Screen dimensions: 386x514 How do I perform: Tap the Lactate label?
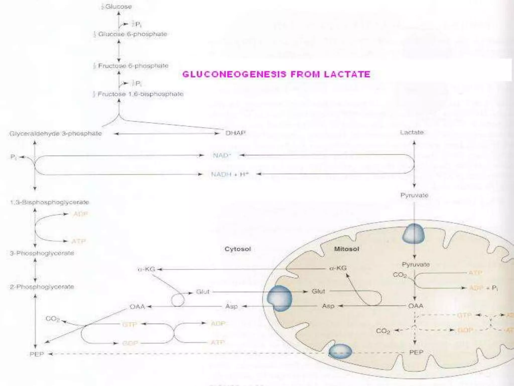[412, 132]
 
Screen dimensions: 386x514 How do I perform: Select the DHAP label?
[235, 133]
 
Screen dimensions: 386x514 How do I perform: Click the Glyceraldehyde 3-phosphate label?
[55, 133]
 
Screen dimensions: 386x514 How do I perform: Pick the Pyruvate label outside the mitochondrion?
[414, 195]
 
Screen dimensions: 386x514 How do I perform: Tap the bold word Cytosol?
[237, 249]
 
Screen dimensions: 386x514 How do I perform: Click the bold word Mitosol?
[346, 249]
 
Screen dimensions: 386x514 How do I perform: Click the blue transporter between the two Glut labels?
[279, 298]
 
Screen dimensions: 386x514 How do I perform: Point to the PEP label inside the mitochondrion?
[416, 352]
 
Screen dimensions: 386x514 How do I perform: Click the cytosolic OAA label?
[137, 307]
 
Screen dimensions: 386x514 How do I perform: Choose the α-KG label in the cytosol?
[146, 269]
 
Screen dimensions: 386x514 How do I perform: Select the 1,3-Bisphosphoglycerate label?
[50, 202]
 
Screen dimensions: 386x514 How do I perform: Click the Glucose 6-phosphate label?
[132, 34]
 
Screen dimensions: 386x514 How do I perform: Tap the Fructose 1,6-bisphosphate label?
[140, 94]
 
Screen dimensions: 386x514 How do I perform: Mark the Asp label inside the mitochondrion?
[328, 306]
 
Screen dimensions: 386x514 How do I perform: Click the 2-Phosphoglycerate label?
[42, 287]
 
